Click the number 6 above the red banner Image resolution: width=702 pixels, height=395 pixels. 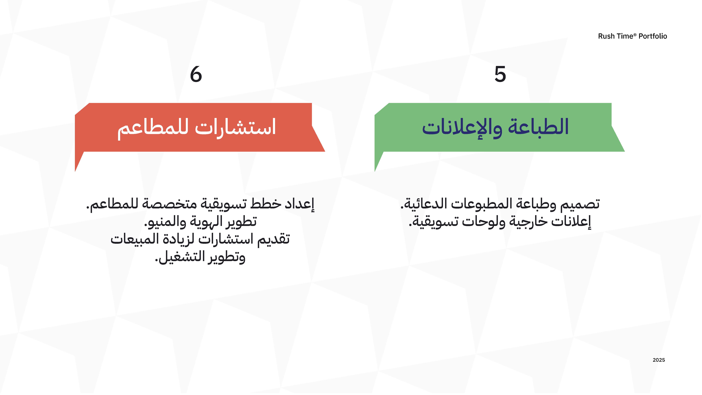point(196,74)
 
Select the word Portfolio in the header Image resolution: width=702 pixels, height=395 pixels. point(653,36)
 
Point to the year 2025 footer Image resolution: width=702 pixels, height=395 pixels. point(659,360)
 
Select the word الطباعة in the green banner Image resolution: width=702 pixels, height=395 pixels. point(538,127)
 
